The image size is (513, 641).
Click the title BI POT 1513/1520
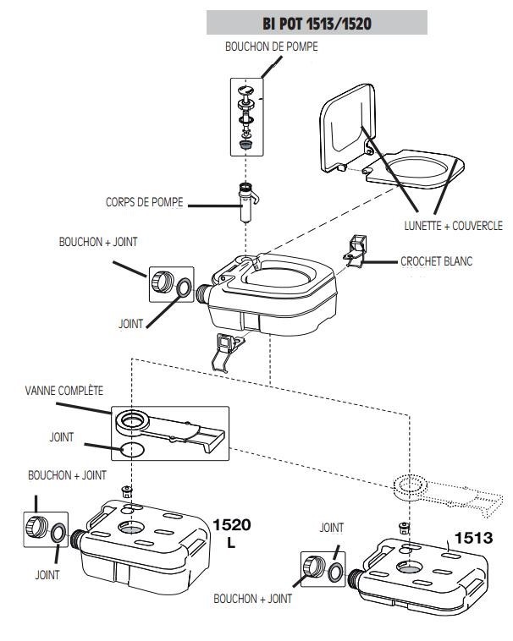pyautogui.click(x=317, y=23)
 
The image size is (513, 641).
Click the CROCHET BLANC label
pyautogui.click(x=436, y=261)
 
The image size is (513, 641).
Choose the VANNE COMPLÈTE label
pyautogui.click(x=65, y=392)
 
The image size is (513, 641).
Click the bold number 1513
pyautogui.click(x=475, y=537)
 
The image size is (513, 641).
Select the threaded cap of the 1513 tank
pyautogui.click(x=312, y=569)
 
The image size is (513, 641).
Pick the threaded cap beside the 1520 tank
pyautogui.click(x=36, y=525)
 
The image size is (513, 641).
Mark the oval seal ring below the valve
pyautogui.click(x=128, y=448)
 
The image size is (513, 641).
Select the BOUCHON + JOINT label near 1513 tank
pyautogui.click(x=255, y=599)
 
